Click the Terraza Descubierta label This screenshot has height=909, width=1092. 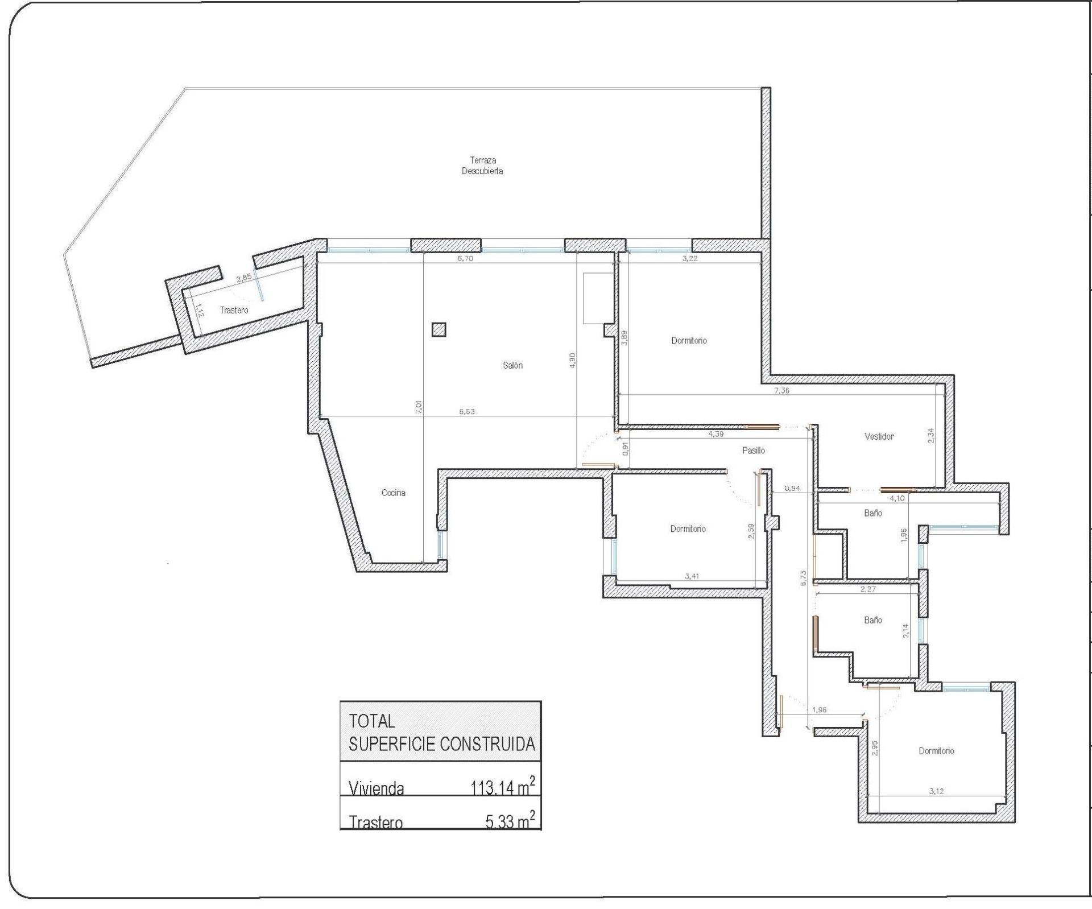pos(482,166)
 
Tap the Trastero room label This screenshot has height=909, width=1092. pos(234,310)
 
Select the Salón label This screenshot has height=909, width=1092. pos(512,365)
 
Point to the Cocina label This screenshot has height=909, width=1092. pos(394,493)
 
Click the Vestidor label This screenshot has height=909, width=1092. pos(879,436)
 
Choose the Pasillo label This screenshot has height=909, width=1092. pos(754,450)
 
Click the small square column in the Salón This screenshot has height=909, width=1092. pos(439,329)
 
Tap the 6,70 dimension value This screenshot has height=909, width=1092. pos(465,258)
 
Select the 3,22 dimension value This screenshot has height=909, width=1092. pos(690,258)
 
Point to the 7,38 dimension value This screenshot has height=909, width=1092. pos(781,391)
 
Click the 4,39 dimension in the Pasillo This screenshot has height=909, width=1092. pos(715,434)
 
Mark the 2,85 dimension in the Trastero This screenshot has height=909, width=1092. pos(243,278)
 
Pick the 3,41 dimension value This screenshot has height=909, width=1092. pos(692,576)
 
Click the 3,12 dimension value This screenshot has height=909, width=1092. pos(936,791)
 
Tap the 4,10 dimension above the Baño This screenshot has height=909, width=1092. pos(897,498)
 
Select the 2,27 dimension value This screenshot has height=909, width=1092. pos(868,589)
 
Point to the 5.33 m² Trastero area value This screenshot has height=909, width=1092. pos(510,820)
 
